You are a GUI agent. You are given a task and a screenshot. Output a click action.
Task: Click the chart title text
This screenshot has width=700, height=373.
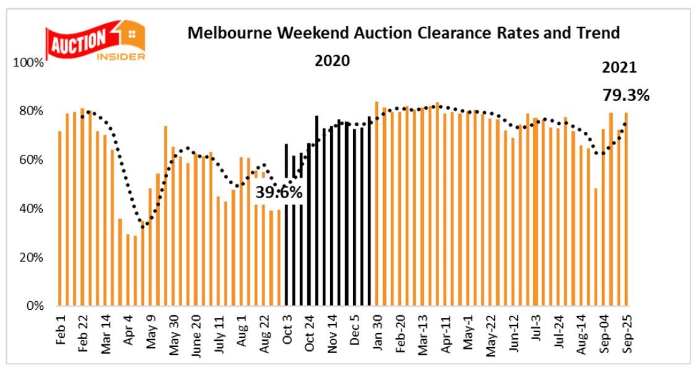(403, 33)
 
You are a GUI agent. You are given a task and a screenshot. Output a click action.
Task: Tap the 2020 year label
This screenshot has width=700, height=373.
(332, 61)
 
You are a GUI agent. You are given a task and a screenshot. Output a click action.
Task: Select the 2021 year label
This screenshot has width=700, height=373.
(619, 68)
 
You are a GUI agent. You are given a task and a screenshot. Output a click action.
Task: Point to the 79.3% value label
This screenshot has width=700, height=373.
(626, 95)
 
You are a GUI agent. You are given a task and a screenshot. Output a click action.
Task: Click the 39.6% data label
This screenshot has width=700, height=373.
(279, 193)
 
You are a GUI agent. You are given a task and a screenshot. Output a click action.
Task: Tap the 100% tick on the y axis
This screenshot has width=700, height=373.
(28, 63)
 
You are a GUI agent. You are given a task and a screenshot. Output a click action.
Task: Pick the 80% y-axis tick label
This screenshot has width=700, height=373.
(31, 112)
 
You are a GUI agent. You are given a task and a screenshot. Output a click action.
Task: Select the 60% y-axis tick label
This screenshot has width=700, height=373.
(31, 160)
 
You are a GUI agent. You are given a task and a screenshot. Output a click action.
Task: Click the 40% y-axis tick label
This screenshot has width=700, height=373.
(31, 209)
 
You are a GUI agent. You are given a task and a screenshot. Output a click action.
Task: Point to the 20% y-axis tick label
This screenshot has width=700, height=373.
(31, 258)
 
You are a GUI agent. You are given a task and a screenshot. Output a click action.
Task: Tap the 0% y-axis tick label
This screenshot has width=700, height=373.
(34, 306)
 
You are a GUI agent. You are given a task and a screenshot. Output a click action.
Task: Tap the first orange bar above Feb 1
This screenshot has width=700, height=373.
(60, 218)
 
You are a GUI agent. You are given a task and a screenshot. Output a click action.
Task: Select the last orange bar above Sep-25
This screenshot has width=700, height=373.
(626, 209)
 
